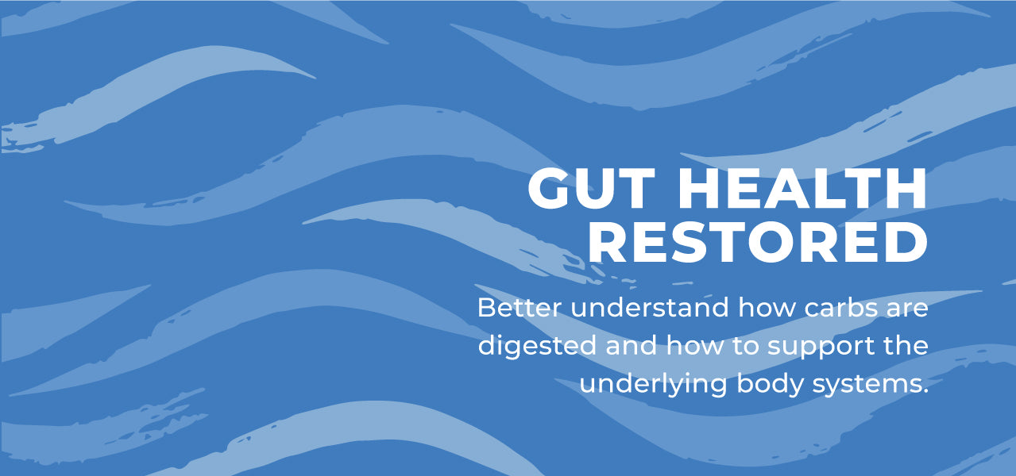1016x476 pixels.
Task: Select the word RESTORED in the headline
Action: (x=758, y=242)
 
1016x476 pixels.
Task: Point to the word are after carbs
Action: (x=907, y=309)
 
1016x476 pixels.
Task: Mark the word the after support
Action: (x=906, y=346)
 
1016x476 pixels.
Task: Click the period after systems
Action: (x=925, y=392)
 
